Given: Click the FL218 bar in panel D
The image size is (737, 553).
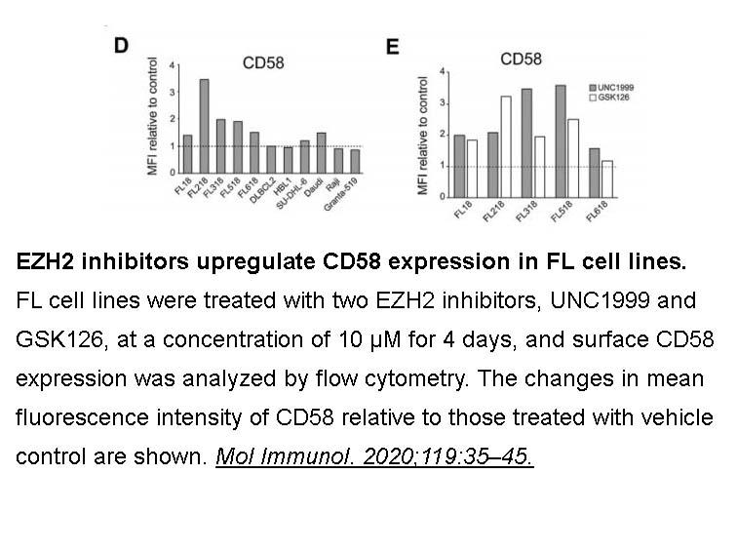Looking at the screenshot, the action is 204,126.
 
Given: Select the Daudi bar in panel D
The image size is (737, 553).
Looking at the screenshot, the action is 322,153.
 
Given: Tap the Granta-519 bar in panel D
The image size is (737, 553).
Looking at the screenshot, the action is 355,161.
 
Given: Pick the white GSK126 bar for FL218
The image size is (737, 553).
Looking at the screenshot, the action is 506,146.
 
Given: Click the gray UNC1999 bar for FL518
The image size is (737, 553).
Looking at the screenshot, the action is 561,141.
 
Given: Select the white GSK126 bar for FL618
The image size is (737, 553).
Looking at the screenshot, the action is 607,179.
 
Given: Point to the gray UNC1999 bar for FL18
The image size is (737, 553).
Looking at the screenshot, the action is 459,167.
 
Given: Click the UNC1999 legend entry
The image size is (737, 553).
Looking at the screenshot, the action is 612,88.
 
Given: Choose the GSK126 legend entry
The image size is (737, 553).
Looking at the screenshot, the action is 609,98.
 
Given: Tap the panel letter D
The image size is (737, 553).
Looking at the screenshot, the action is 121,46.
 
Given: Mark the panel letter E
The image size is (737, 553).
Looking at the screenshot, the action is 393,47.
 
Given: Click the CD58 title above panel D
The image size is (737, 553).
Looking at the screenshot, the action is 263,63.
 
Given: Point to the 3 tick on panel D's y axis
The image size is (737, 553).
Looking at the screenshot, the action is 173,92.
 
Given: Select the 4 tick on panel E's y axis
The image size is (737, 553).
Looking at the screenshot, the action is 443,72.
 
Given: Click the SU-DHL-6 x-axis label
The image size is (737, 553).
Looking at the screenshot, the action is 291,194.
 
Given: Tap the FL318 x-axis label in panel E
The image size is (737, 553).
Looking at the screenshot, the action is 526,212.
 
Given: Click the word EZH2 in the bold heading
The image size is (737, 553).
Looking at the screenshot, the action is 45,261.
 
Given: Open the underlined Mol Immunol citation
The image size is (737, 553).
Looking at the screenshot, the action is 374,456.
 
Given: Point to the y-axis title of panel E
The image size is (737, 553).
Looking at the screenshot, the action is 422,136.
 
